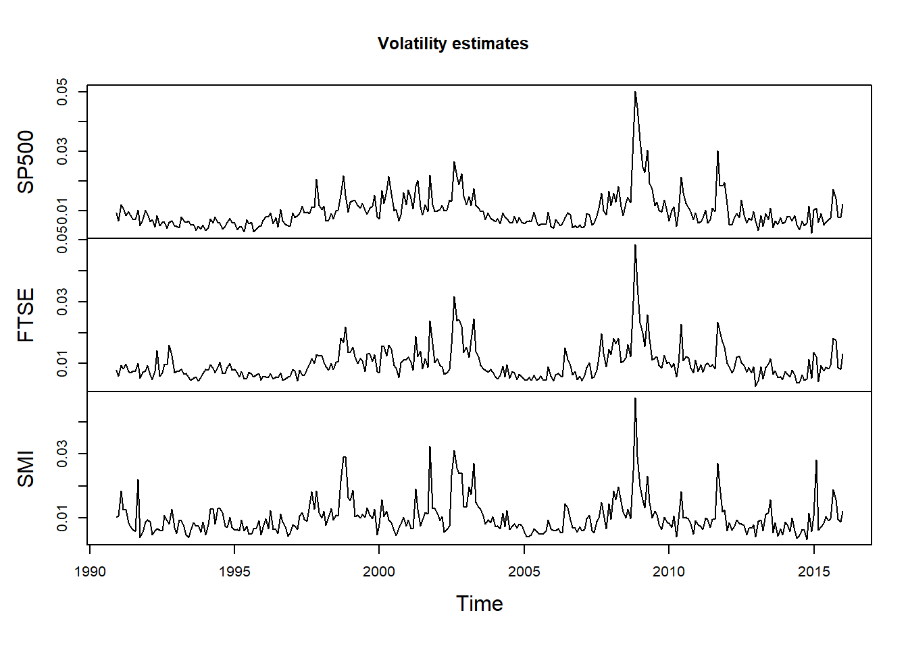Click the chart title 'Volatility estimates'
tap(453, 44)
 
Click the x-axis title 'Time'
tap(479, 603)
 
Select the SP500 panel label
tap(26, 162)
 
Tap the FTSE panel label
tap(26, 315)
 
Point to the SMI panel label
tap(26, 468)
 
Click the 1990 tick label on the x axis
tap(90, 572)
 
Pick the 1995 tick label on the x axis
tap(234, 572)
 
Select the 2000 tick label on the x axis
tap(379, 572)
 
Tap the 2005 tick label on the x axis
tap(524, 572)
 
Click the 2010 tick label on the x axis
tap(669, 572)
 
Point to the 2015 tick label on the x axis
tap(813, 572)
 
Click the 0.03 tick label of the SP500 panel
tap(62, 151)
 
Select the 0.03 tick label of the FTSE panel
tap(62, 302)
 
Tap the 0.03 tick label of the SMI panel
tap(62, 454)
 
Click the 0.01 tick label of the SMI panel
tap(62, 518)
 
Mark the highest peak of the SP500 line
tap(635, 92)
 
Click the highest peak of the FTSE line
tap(635, 245)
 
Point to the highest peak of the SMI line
tap(635, 398)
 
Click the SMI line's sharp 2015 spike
tap(816, 460)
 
